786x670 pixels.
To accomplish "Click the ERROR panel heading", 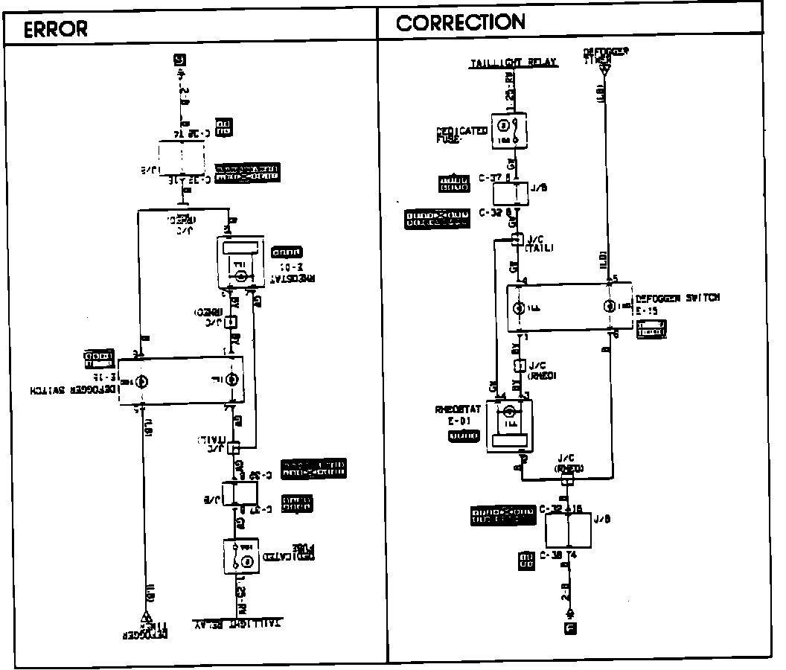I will (56, 28).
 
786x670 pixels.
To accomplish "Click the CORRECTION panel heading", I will (461, 23).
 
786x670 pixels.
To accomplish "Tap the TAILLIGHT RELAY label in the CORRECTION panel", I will (514, 63).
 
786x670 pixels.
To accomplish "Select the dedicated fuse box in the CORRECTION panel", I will (509, 130).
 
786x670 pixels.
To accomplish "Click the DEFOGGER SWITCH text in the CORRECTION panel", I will (678, 298).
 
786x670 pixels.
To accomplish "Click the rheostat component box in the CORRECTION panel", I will (509, 428).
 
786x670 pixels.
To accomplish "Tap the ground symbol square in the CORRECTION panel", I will (570, 628).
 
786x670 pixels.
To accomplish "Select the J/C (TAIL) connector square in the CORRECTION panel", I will (516, 240).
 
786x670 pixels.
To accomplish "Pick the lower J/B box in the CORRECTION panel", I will (568, 529).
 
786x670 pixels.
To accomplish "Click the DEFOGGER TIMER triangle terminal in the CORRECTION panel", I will (604, 71).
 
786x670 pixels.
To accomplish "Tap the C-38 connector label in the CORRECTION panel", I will (551, 555).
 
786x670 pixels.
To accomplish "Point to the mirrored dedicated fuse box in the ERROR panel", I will (240, 555).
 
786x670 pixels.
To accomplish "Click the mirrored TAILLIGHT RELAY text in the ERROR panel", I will (237, 622).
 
